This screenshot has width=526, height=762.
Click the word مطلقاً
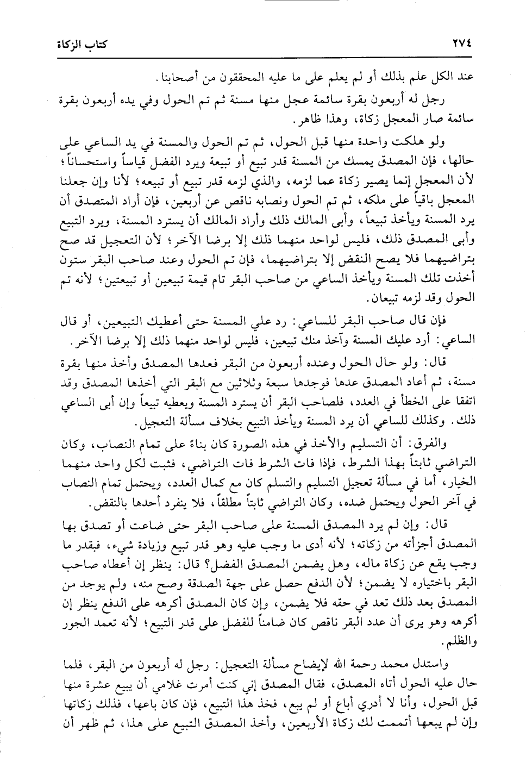tap(201, 499)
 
